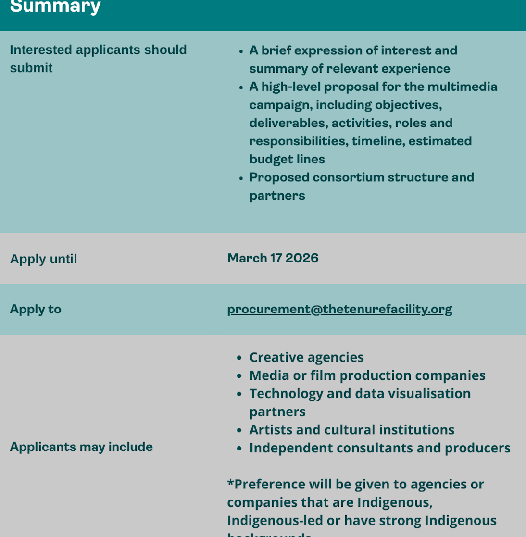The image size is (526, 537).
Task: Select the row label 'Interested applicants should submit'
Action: pos(98,59)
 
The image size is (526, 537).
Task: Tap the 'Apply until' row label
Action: pos(43,259)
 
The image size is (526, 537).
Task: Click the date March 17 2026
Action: pos(273,258)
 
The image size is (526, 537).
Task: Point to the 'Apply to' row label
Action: pos(36,309)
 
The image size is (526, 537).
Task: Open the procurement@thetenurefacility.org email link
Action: pos(339,309)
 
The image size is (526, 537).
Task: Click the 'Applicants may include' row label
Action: pos(81,447)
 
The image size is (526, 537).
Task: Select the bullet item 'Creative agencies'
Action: pos(306,357)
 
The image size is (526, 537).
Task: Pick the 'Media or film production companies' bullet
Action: pos(367,375)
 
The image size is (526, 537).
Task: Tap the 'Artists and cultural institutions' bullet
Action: pos(351,429)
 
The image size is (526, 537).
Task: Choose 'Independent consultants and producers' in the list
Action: pos(380,448)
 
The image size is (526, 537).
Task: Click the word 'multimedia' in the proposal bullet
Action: pos(464,87)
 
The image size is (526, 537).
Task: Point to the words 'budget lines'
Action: pos(287,159)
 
